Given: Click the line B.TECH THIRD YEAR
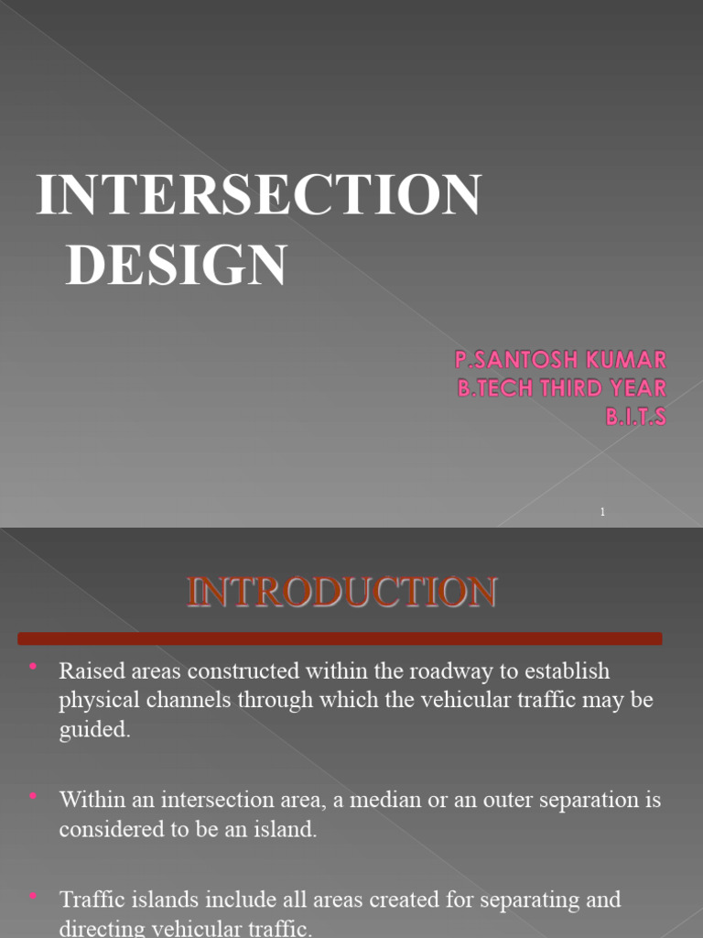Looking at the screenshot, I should [x=562, y=387].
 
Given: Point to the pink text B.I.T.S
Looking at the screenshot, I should [x=635, y=417].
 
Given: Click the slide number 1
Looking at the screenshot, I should [x=602, y=512].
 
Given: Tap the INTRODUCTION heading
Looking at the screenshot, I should [x=341, y=592].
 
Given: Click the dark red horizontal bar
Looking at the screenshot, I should [x=340, y=638].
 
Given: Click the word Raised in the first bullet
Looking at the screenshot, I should [x=89, y=671].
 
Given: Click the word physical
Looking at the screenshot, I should [x=98, y=701].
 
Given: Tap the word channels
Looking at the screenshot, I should [x=180, y=701].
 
